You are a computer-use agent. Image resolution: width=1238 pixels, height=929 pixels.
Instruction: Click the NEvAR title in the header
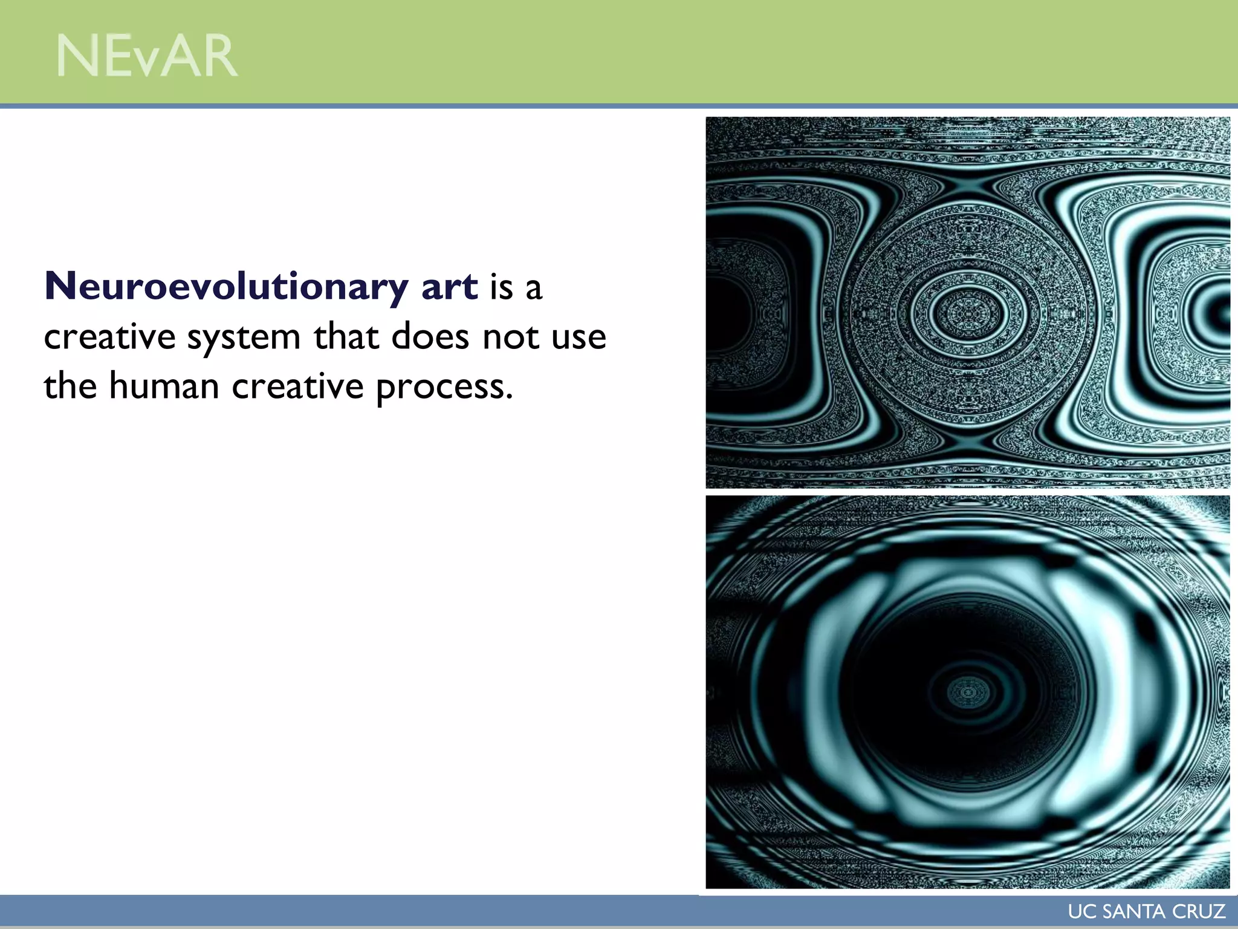point(147,56)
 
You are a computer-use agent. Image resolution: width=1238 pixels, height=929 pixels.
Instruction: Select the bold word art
point(449,286)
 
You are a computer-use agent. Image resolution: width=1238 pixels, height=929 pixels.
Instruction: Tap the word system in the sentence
point(244,337)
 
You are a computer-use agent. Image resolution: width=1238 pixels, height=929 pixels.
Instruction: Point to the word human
point(164,386)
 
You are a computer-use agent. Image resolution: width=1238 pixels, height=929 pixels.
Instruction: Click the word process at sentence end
point(444,388)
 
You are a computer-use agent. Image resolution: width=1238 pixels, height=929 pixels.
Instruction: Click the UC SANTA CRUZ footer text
point(1146,911)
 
